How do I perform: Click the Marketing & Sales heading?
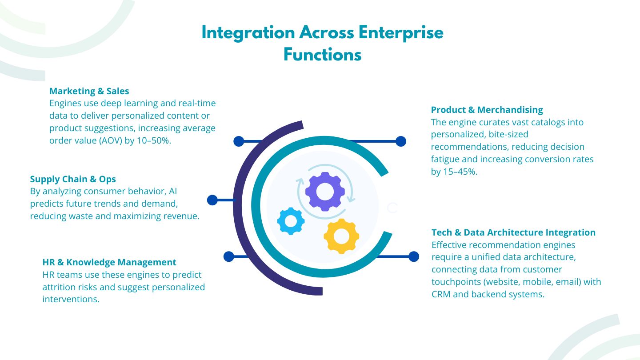point(89,91)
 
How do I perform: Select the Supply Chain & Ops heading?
point(73,179)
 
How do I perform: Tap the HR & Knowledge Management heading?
point(109,262)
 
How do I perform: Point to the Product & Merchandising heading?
point(487,110)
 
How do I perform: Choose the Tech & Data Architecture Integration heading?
point(513,232)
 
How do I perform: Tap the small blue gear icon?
point(291,221)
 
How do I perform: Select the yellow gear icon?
point(341,236)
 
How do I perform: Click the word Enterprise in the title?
point(401,33)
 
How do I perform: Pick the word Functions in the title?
point(322,55)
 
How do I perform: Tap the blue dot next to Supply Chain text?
point(212,200)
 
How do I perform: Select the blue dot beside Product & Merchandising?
point(401,141)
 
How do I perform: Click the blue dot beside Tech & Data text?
point(414,256)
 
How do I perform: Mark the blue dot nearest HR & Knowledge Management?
point(228,256)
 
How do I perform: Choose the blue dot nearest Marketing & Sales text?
point(239,141)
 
